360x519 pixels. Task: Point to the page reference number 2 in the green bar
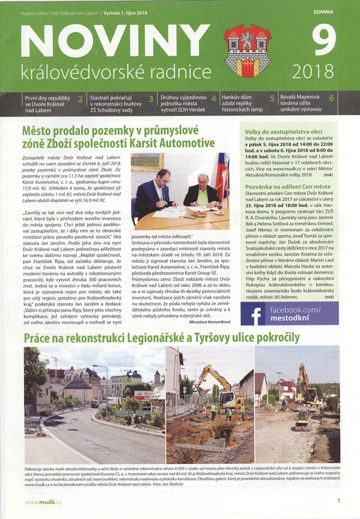tap(80, 100)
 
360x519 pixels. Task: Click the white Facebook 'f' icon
tap(257, 315)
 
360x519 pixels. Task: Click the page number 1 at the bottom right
tap(338, 501)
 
